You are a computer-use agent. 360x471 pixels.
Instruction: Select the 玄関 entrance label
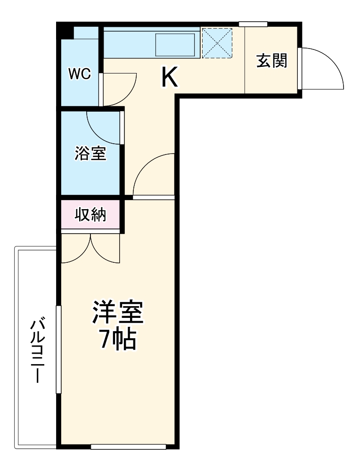(x=272, y=60)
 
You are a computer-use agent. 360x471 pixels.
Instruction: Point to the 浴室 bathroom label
(x=90, y=154)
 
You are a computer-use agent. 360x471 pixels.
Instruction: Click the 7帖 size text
(x=117, y=339)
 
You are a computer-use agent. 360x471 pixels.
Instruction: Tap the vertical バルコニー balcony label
(x=37, y=351)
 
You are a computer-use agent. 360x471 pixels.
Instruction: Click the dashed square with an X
(x=217, y=43)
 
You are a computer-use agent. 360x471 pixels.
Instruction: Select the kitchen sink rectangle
(x=175, y=45)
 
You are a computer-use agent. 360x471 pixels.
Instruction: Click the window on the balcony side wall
(x=58, y=349)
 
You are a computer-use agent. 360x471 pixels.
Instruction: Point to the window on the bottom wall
(x=128, y=446)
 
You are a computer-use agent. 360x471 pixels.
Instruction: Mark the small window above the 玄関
(x=253, y=24)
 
